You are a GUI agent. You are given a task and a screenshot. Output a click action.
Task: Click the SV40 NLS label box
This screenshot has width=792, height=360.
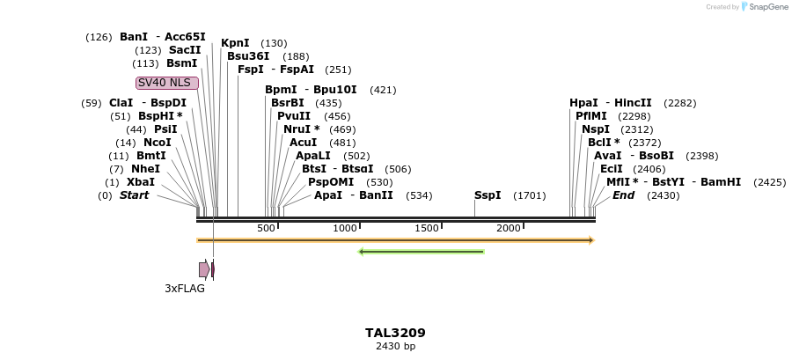167,83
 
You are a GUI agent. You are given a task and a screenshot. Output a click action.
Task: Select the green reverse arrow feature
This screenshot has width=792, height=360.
422,252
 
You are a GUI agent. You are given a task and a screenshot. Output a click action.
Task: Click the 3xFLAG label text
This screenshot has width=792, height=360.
185,288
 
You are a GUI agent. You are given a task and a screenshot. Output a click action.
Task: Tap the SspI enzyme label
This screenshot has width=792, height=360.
488,195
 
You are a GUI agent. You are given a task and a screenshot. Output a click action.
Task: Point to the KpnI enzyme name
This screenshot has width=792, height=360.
235,43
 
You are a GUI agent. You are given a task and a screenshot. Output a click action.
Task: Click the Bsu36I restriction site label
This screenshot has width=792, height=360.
248,56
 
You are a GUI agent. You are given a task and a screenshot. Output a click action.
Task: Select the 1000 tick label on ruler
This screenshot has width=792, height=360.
345,229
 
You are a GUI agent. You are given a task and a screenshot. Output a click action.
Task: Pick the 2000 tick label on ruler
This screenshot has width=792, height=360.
509,229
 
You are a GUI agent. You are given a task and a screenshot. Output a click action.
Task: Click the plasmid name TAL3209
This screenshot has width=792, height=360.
395,333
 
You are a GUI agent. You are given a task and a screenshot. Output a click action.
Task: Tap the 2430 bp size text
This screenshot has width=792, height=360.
395,347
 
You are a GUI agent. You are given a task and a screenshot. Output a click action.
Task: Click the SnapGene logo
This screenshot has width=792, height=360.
762,7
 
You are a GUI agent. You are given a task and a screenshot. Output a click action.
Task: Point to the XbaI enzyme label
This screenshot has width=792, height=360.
141,182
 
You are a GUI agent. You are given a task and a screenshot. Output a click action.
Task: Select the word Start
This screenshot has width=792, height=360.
135,195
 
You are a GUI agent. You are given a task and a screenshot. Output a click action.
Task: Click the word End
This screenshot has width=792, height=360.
623,195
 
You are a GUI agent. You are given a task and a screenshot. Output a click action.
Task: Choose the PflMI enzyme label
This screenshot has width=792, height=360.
590,116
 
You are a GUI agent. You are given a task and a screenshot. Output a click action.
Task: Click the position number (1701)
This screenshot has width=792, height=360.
530,195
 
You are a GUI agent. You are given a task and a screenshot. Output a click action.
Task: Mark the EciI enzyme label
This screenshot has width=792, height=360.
612,169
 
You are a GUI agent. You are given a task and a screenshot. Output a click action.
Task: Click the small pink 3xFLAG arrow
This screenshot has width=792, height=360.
204,269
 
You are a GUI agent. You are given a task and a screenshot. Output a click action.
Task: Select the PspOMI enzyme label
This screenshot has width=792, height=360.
326,182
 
